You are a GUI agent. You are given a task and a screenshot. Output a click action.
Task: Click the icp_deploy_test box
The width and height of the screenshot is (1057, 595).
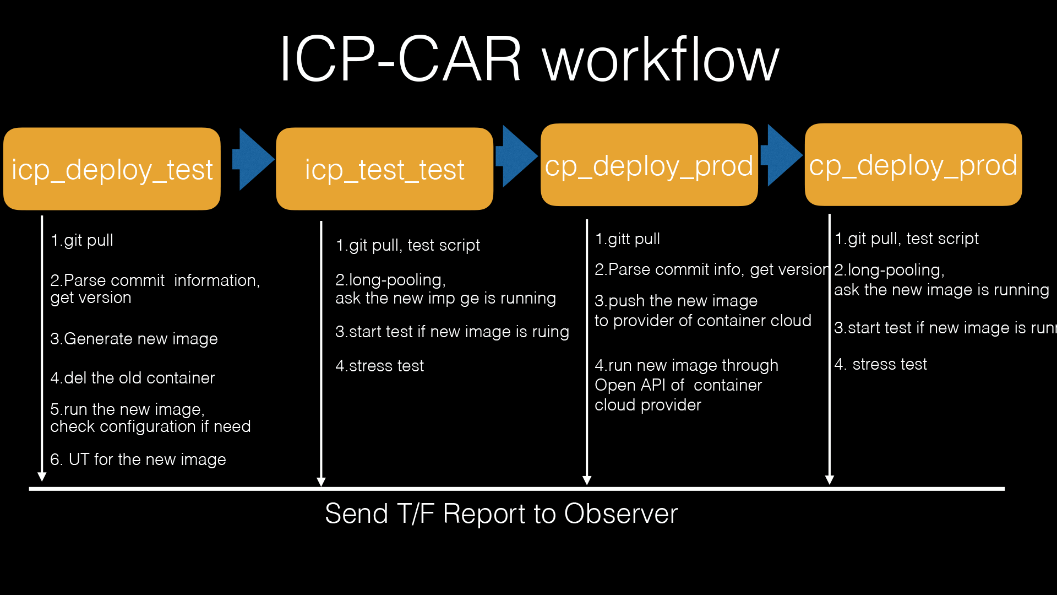pyautogui.click(x=112, y=169)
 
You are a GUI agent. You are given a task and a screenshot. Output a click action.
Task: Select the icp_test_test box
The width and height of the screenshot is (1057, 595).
pyautogui.click(x=384, y=169)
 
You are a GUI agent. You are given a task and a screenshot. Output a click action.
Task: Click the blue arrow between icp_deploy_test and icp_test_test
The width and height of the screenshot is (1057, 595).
pyautogui.click(x=253, y=159)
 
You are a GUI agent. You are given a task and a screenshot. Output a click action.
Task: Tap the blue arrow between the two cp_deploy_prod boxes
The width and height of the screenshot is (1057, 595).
pyautogui.click(x=781, y=155)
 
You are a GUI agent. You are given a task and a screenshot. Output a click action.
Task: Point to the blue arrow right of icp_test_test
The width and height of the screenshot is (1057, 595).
pyautogui.click(x=516, y=156)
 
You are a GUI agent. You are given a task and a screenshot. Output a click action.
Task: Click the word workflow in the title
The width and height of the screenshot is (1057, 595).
pyautogui.click(x=660, y=59)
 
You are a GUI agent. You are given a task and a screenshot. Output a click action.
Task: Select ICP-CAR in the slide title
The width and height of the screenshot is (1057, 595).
pyautogui.click(x=400, y=59)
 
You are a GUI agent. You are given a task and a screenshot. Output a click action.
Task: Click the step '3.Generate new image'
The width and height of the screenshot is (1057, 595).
pyautogui.click(x=134, y=339)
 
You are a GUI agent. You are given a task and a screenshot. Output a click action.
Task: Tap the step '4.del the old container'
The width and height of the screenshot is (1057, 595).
pyautogui.click(x=132, y=378)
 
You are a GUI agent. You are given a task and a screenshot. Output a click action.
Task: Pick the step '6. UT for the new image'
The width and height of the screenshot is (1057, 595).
pyautogui.click(x=138, y=459)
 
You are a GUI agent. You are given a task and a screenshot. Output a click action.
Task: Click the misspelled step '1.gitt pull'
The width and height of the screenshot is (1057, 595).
pyautogui.click(x=627, y=239)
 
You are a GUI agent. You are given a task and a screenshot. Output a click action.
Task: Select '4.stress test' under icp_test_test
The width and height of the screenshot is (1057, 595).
pyautogui.click(x=379, y=366)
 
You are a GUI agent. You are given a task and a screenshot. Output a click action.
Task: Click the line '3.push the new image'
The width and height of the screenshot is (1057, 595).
pyautogui.click(x=676, y=301)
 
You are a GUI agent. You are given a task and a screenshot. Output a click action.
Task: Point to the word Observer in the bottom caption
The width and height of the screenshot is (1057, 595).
pyautogui.click(x=620, y=514)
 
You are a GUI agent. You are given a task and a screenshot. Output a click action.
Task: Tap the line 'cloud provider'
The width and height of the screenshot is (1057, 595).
pyautogui.click(x=647, y=405)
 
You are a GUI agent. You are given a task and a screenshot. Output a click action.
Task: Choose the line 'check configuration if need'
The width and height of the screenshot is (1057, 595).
pyautogui.click(x=150, y=426)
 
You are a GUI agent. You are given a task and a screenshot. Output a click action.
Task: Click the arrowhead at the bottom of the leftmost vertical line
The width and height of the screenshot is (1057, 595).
pyautogui.click(x=42, y=477)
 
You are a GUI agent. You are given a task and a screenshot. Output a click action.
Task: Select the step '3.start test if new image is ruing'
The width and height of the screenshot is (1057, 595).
pyautogui.click(x=452, y=332)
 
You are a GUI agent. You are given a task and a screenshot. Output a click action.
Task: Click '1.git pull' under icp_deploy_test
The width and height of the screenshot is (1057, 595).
pyautogui.click(x=81, y=240)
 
